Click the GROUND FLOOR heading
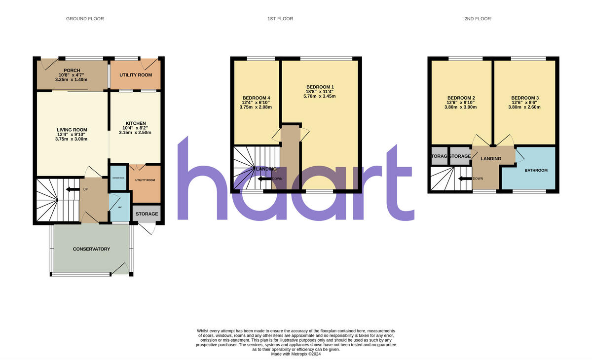coord(85,19)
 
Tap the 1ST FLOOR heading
coord(280,19)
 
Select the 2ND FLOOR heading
coord(478,19)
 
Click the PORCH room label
coord(72,71)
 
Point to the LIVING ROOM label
coord(72,130)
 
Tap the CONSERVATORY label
coord(91,249)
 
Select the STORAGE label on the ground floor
coord(147,214)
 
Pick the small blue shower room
coord(118,179)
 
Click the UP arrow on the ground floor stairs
coord(73,189)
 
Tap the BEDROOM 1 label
coord(319,87)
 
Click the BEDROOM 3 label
coord(525,98)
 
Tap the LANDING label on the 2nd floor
coord(491,159)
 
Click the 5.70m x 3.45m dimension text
coord(319,96)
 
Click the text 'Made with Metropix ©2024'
coord(296,354)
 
